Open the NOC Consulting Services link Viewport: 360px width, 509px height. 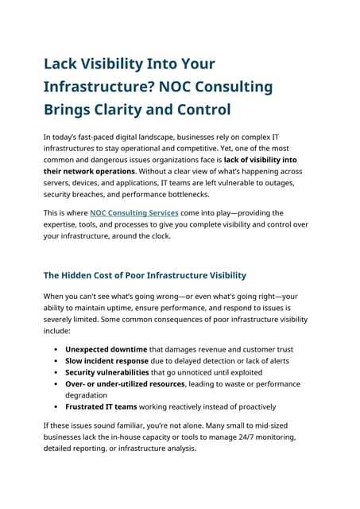click(x=134, y=213)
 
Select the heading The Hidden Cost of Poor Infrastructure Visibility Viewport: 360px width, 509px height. click(x=145, y=276)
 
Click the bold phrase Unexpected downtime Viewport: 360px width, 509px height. click(x=106, y=349)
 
